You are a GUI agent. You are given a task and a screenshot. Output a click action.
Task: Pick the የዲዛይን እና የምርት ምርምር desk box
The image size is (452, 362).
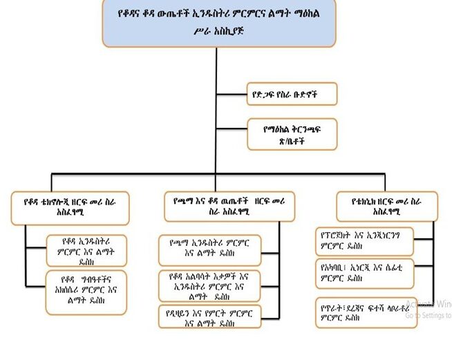point(205,318)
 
